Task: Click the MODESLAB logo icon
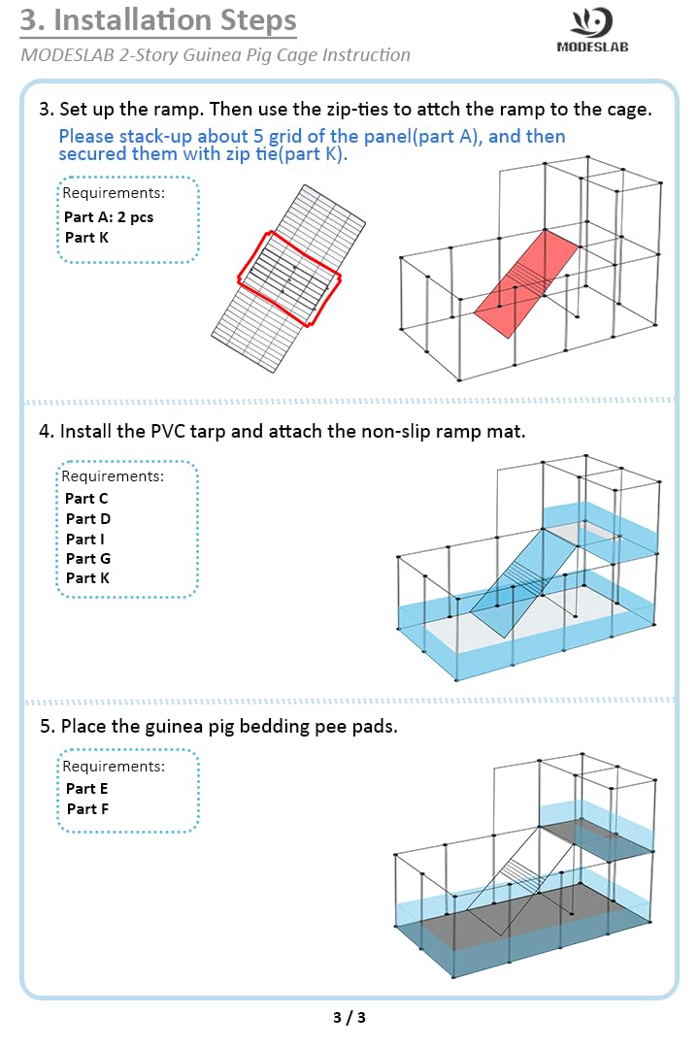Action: (591, 21)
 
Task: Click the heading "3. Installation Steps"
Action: (159, 20)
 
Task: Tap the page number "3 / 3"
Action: (349, 1018)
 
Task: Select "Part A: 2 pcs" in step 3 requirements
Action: (109, 216)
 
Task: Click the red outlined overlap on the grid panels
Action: (289, 275)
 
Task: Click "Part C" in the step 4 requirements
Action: (86, 498)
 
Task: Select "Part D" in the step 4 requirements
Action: (87, 518)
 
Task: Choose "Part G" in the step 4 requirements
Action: (87, 558)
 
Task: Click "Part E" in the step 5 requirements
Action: (86, 788)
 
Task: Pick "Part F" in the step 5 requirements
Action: (86, 808)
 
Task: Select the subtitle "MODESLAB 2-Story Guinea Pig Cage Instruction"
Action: (215, 55)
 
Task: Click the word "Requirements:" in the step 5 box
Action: (113, 766)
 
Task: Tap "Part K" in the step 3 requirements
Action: (86, 237)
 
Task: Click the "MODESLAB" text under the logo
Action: (591, 47)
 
